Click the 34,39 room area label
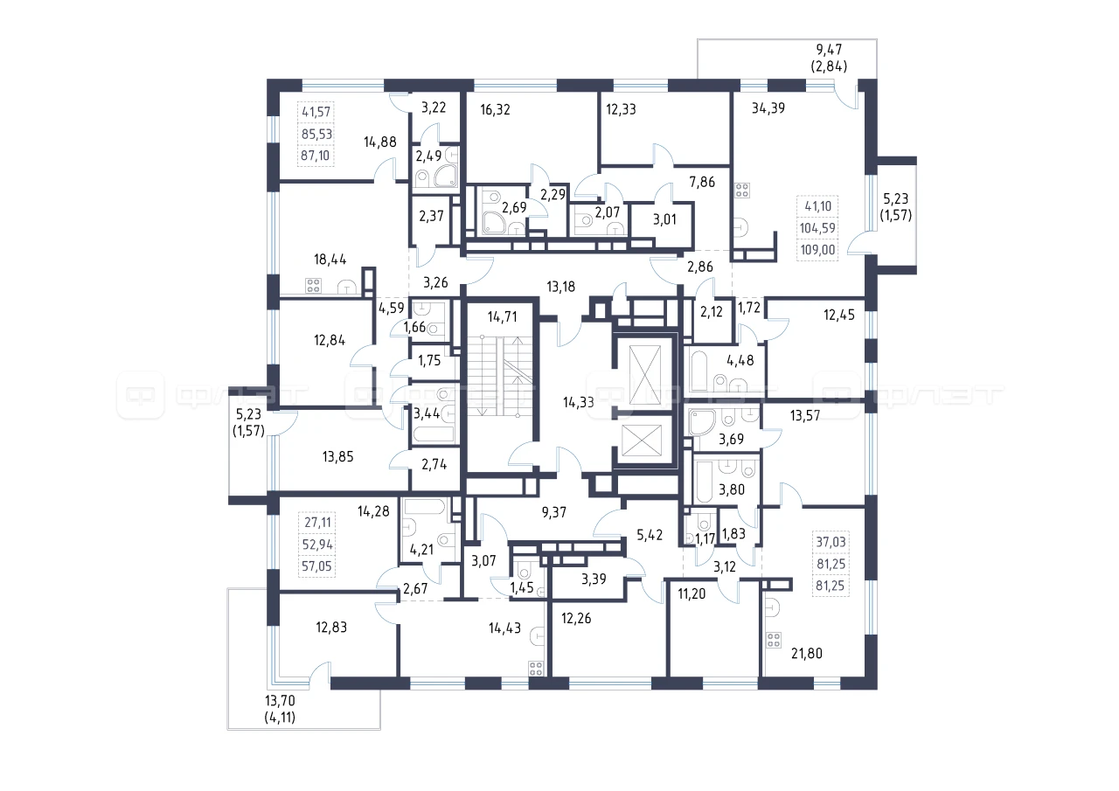point(768,108)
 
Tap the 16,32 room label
point(495,109)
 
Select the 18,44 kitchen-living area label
point(330,260)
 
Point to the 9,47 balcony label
point(829,50)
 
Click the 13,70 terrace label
point(281,700)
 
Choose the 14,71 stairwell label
point(503,316)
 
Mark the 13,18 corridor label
point(561,287)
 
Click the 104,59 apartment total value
point(817,228)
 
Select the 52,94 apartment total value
point(317,545)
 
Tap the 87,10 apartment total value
point(316,156)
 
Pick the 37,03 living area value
point(831,542)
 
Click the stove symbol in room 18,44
point(313,286)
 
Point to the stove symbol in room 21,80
point(774,640)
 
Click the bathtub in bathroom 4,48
point(699,371)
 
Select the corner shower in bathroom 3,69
point(701,422)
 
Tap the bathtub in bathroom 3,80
point(704,482)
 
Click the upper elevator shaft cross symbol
point(645,375)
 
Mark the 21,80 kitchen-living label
point(807,653)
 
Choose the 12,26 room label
point(576,618)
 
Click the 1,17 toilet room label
point(705,538)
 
